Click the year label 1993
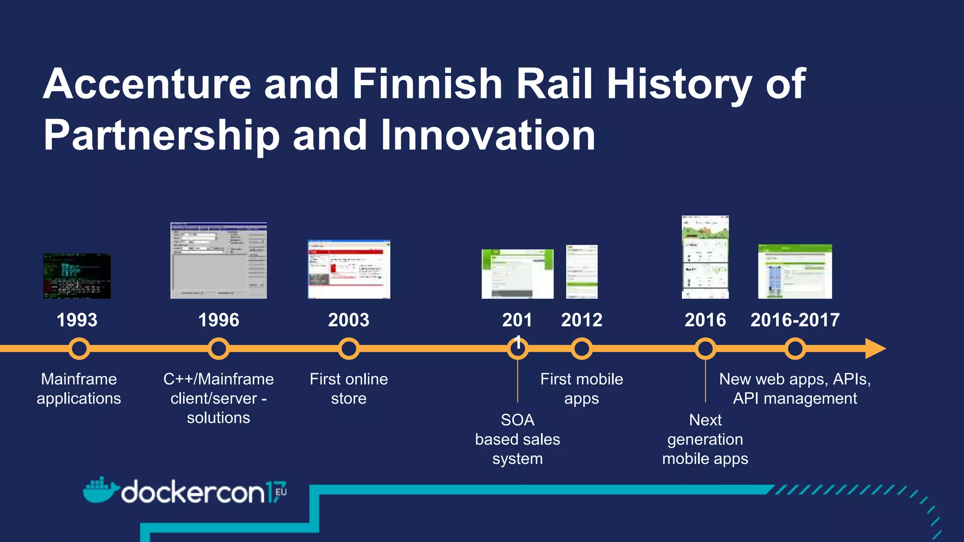point(77,320)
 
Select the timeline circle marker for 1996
point(218,349)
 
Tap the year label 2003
point(349,320)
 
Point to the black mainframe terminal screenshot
point(77,276)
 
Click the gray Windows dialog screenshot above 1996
point(218,261)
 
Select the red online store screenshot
point(349,269)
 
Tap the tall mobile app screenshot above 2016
point(705,257)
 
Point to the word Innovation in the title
point(488,135)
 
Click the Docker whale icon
point(99,491)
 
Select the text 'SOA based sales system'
point(517,439)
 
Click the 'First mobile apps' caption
point(581,389)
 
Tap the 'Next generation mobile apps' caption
point(705,439)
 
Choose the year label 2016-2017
point(795,320)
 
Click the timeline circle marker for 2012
point(582,349)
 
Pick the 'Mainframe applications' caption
point(79,389)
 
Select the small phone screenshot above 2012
point(582,271)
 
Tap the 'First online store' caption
point(349,389)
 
